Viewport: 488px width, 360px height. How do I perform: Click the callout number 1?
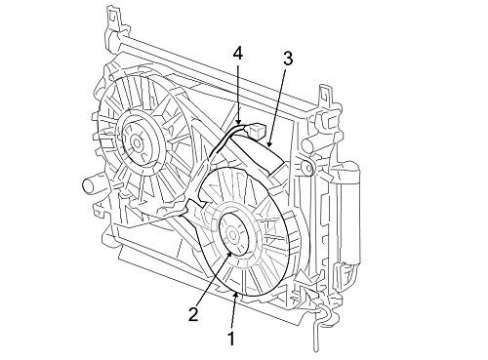231,339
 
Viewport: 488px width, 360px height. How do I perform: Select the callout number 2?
193,314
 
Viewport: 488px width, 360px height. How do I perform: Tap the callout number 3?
288,59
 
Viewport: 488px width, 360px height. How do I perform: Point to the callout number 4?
238,55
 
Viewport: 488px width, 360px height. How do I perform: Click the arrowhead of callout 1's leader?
236,295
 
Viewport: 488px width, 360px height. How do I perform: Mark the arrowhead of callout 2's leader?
230,255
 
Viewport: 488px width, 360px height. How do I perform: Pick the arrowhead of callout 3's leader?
268,143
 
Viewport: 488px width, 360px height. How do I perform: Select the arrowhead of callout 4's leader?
239,122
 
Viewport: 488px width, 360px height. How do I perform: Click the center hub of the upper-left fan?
137,142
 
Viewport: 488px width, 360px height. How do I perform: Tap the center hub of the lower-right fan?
232,234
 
